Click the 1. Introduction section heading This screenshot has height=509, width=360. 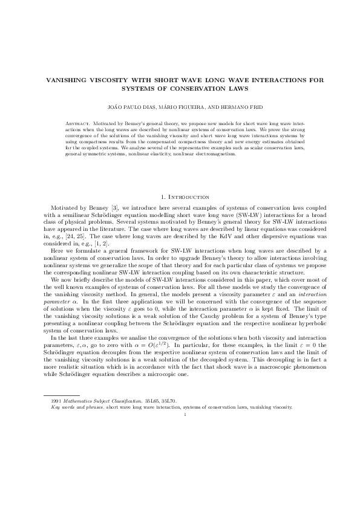tap(180, 197)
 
